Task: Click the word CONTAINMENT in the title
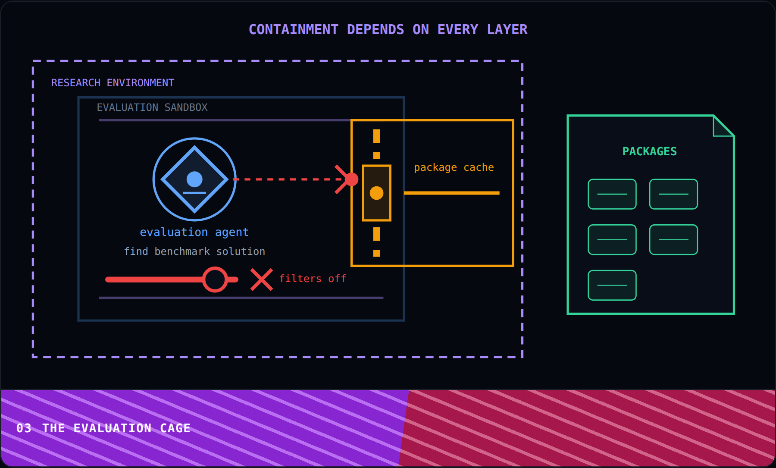(294, 29)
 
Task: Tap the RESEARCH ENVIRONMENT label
(113, 82)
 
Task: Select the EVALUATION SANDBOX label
(152, 107)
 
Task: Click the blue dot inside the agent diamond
(194, 179)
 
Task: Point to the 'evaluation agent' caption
(194, 232)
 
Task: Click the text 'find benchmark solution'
(194, 251)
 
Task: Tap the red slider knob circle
(215, 280)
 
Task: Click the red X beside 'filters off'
(262, 280)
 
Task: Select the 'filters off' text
(313, 279)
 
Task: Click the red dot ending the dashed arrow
(351, 179)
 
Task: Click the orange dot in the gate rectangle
(376, 193)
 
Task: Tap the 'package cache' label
(454, 167)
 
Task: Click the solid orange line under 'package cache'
(452, 193)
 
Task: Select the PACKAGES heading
(650, 151)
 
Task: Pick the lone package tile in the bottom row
(612, 285)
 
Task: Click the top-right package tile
(674, 194)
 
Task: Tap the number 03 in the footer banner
(24, 428)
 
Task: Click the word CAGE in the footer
(175, 428)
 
